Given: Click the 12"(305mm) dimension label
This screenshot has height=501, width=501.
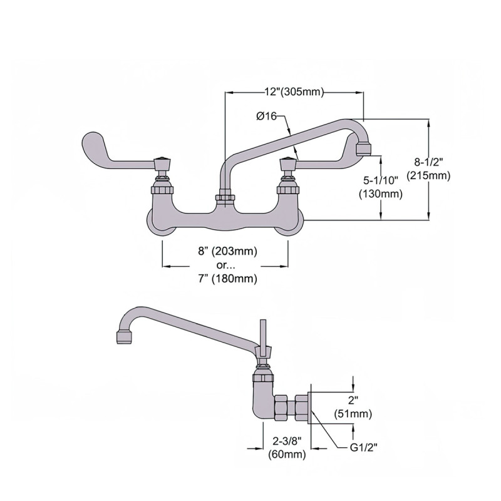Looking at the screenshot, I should click(x=293, y=92).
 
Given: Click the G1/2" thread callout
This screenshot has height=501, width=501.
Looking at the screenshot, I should click(x=364, y=447).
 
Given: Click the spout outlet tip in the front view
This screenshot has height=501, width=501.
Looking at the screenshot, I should click(x=363, y=148).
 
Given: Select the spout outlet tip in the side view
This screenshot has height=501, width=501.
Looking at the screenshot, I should click(x=125, y=337).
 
